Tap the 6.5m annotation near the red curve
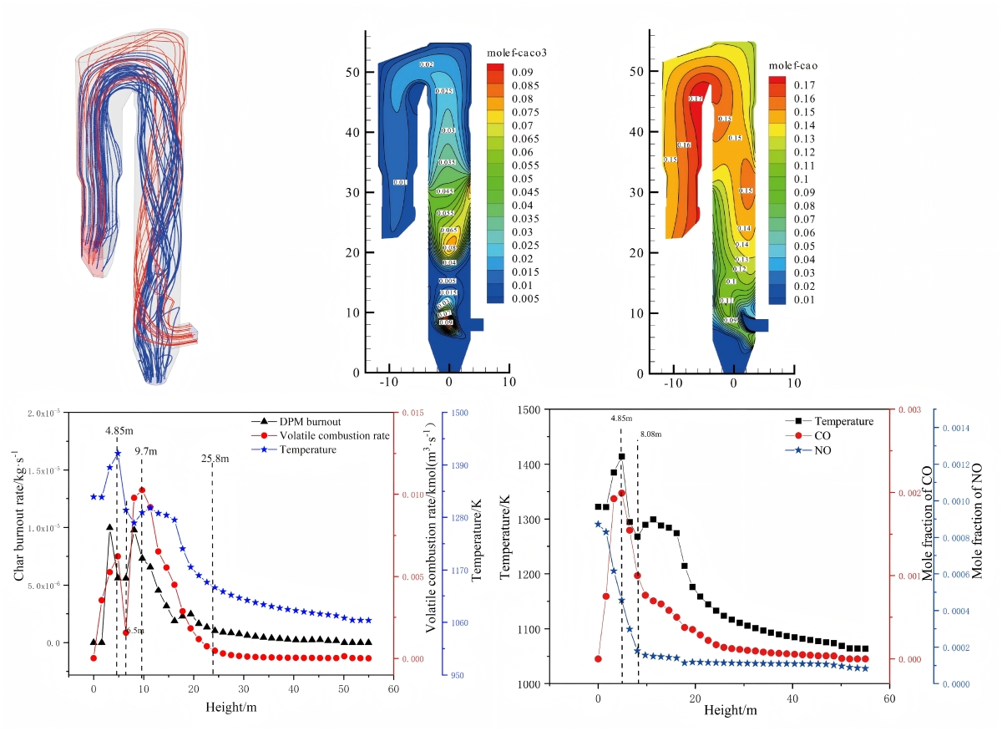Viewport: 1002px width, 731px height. [x=134, y=631]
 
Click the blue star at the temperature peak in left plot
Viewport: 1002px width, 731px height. [x=118, y=453]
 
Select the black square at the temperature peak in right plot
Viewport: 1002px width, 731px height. [x=621, y=456]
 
